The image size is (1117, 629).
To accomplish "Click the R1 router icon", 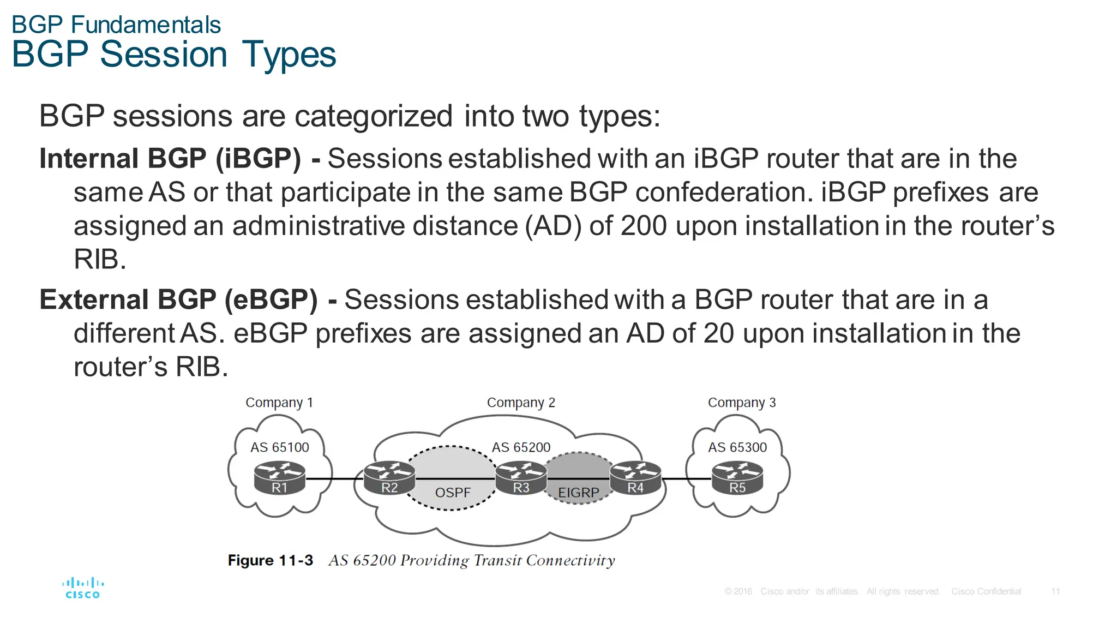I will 279,477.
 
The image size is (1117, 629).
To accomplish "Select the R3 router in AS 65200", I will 521,477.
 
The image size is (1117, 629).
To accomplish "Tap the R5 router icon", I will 737,477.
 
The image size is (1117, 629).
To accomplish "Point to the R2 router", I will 389,477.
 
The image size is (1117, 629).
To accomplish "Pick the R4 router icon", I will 635,477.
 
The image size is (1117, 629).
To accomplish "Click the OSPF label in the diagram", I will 452,493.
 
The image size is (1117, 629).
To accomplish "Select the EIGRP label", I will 578,493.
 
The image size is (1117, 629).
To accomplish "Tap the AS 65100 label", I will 279,447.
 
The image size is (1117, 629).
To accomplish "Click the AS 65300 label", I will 737,447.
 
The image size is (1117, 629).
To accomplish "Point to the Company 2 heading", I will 521,403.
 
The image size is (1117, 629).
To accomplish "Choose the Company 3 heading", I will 741,403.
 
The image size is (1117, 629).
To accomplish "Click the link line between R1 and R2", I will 334,478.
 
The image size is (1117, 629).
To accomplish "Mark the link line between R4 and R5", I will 686,478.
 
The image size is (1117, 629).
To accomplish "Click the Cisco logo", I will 83,588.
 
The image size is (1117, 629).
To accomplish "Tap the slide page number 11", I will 1055,591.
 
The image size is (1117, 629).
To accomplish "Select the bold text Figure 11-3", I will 271,560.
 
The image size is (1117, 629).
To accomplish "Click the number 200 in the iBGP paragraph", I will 644,226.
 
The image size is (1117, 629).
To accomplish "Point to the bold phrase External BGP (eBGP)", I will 178,299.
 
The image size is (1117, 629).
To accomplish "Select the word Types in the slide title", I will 289,55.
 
